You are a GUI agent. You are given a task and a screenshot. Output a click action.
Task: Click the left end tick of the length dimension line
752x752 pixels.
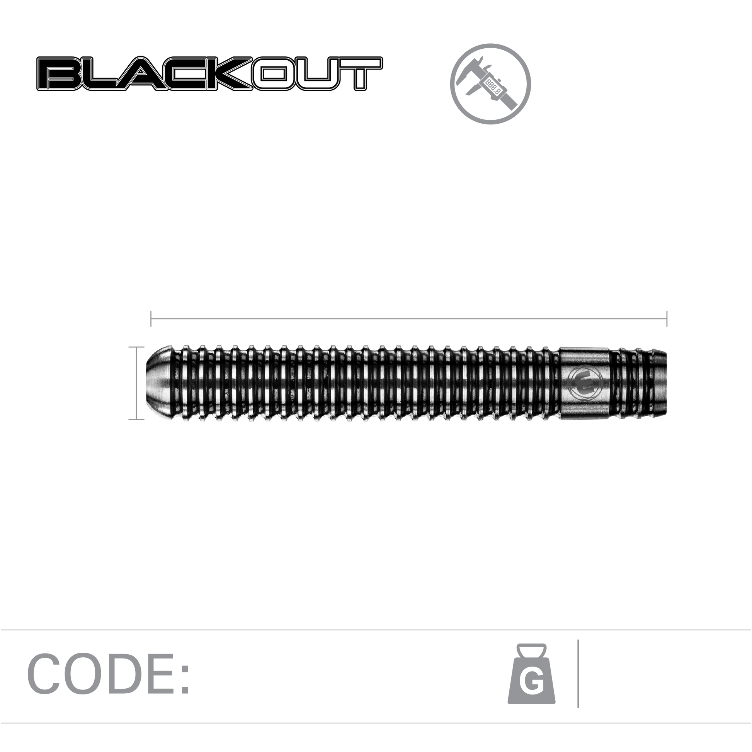pos(151,318)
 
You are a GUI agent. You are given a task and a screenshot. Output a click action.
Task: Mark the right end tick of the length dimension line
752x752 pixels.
pos(667,318)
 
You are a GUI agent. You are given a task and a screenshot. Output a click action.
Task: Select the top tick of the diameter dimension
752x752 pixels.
pos(136,347)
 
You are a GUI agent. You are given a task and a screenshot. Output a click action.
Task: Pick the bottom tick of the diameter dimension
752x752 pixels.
pos(136,419)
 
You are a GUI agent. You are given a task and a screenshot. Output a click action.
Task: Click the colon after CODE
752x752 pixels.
pos(185,679)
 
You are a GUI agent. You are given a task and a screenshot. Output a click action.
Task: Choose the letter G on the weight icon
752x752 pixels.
pos(531,684)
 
